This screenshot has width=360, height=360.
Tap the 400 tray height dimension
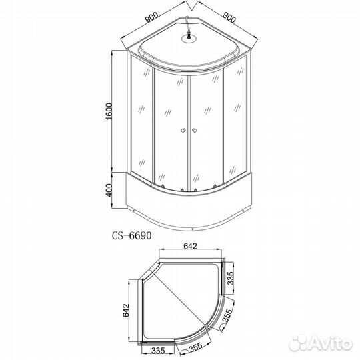pyautogui.click(x=109, y=190)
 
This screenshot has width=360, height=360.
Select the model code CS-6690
pyautogui.click(x=132, y=236)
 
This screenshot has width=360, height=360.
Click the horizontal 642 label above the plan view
pyautogui.click(x=190, y=246)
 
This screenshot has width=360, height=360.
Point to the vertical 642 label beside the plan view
pyautogui.click(x=126, y=311)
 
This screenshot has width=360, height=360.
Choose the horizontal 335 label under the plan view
pyautogui.click(x=158, y=351)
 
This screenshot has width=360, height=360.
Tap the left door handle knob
pyautogui.click(x=183, y=131)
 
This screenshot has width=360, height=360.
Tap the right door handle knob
pyautogui.click(x=195, y=131)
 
